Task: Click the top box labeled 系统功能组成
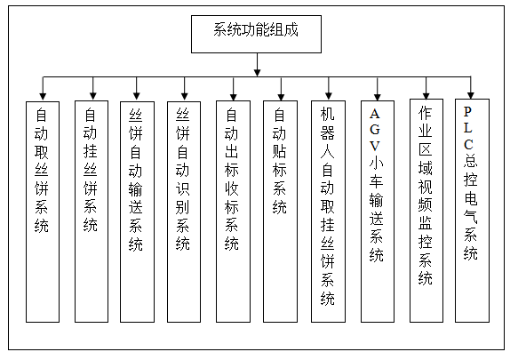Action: (256, 34)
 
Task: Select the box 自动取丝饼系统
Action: (43, 212)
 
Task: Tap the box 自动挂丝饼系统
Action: (92, 212)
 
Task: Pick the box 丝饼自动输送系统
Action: (137, 212)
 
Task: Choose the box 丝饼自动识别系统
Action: (184, 212)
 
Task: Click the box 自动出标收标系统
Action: (233, 212)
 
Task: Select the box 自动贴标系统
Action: (280, 212)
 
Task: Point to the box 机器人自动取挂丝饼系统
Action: (329, 212)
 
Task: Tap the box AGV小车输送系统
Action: (378, 212)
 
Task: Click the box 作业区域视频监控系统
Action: (426, 211)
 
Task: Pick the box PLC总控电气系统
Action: (472, 211)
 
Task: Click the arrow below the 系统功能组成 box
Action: (257, 65)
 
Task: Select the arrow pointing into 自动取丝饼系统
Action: (43, 89)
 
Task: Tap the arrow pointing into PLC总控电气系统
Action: (471, 88)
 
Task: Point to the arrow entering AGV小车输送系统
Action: (378, 89)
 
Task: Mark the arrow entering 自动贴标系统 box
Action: (281, 89)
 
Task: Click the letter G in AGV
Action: (375, 129)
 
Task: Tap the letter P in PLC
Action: (467, 112)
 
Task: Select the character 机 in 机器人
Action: (327, 114)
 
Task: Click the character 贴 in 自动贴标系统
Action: (280, 151)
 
